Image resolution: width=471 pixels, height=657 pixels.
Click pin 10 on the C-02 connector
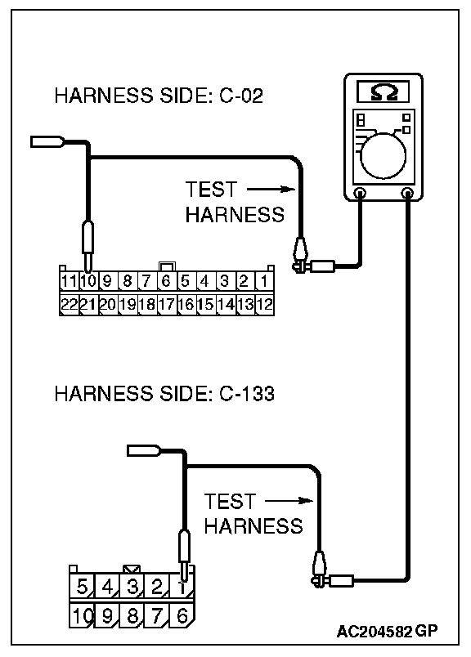tap(88, 281)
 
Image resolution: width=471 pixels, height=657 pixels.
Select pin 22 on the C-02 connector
tap(69, 304)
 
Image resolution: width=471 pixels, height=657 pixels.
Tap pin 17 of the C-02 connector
tap(167, 304)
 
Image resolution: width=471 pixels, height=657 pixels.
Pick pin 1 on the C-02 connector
tap(264, 281)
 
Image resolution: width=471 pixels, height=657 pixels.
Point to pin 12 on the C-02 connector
tap(264, 304)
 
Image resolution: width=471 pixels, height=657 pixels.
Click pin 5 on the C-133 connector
tap(82, 586)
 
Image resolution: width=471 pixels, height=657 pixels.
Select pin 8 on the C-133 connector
tap(132, 615)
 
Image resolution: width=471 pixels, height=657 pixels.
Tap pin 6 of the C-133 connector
tap(182, 615)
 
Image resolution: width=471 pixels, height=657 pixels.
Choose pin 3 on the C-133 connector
tap(132, 586)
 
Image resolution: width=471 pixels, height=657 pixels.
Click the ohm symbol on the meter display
tap(384, 92)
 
